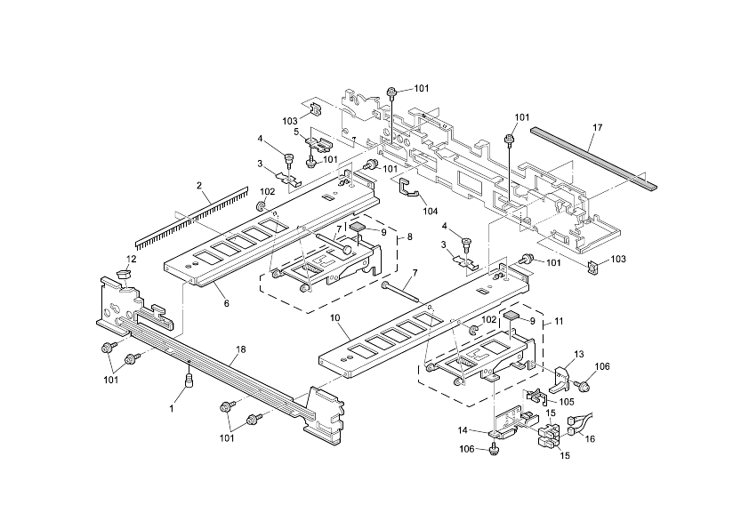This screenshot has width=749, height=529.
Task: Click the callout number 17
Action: click(x=597, y=128)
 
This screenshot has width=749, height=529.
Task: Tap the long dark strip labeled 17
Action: click(x=593, y=159)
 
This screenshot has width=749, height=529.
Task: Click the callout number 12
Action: click(x=131, y=259)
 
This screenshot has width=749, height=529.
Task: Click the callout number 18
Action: click(x=240, y=350)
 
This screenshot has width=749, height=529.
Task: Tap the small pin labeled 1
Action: click(x=189, y=382)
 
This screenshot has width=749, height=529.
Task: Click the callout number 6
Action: click(x=226, y=303)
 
